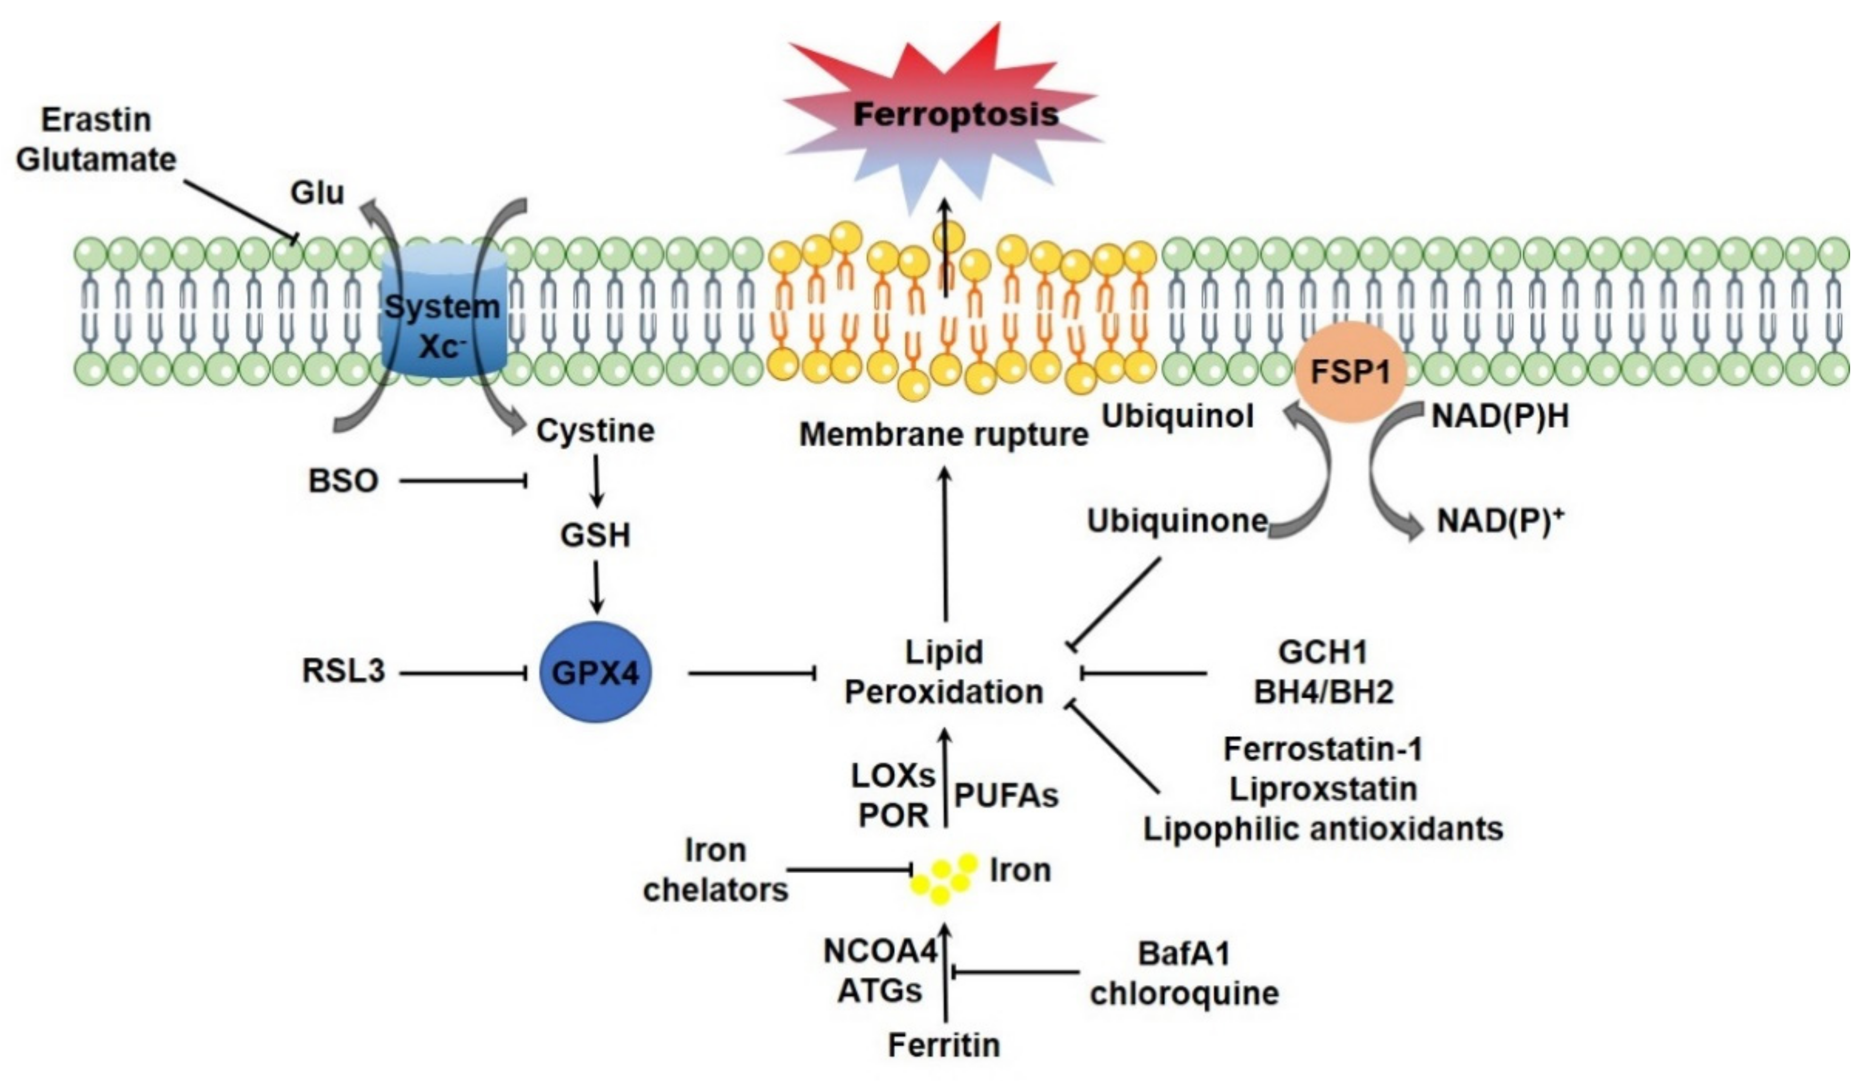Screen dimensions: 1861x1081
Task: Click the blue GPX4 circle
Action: [x=596, y=672]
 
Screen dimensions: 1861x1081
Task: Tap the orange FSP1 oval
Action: [x=1350, y=371]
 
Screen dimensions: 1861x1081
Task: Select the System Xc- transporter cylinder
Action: [x=444, y=312]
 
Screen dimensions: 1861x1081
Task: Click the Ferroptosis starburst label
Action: [x=956, y=115]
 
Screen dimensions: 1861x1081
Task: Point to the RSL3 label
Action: [x=344, y=672]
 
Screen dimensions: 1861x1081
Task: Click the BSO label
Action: [x=344, y=482]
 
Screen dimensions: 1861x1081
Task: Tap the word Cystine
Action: [x=595, y=431]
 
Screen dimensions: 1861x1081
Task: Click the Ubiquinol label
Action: [x=1178, y=417]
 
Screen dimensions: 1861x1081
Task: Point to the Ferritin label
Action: [x=944, y=1045]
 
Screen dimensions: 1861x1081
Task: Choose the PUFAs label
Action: [x=1006, y=796]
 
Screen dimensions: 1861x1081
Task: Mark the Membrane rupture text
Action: [x=944, y=434]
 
